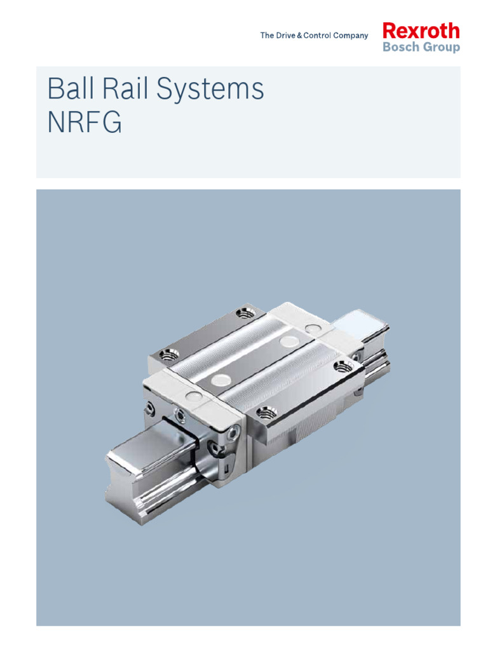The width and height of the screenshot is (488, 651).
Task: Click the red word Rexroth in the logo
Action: point(421,31)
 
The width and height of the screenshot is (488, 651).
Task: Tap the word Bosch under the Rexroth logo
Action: point(401,46)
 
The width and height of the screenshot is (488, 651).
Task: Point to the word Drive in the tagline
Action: point(285,36)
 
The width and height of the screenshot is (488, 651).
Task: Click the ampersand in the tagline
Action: point(299,36)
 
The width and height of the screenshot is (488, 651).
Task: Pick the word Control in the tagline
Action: point(317,36)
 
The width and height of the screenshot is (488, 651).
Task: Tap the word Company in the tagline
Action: point(350,36)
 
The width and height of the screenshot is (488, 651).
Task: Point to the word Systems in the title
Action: point(210,89)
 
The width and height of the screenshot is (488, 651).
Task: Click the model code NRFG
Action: point(85,121)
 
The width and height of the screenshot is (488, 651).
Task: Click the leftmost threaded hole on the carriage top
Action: point(169,355)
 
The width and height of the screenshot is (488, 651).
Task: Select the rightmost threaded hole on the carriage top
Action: point(342,366)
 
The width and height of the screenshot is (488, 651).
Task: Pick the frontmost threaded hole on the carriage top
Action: point(266,413)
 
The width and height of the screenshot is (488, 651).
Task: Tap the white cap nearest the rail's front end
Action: point(194,396)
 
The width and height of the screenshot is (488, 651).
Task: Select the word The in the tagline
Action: point(268,36)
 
